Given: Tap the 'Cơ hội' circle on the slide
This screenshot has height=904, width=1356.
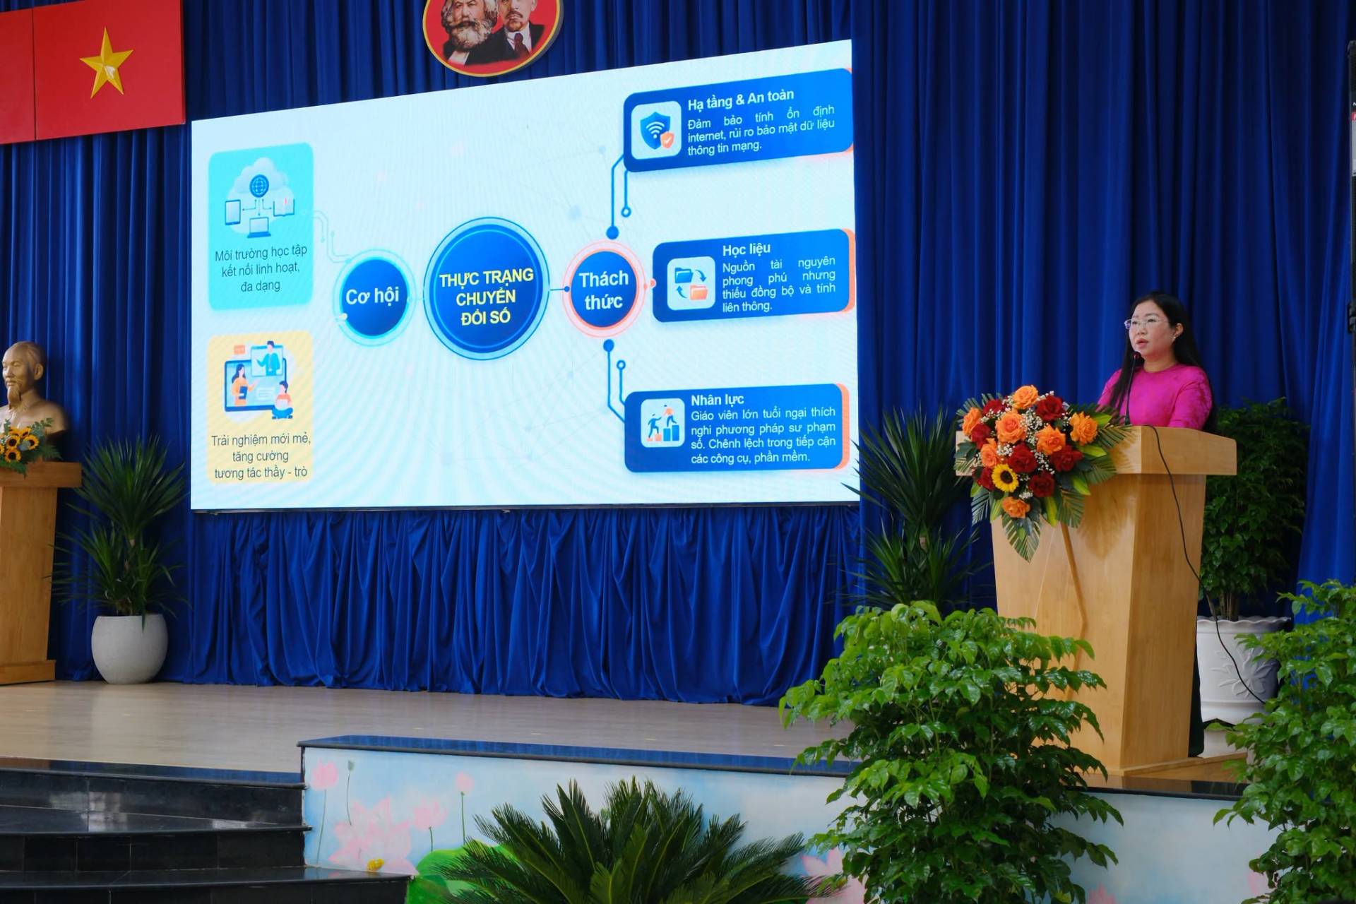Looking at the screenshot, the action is coord(372,297).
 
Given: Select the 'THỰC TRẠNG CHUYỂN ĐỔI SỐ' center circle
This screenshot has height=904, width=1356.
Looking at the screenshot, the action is coord(486,288).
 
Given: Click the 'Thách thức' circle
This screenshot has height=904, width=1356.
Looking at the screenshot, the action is coord(604,289).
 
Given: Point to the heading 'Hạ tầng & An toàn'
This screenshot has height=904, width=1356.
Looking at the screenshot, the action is coord(740,100).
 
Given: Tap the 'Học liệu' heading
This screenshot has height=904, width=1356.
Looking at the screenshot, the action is coord(746,249).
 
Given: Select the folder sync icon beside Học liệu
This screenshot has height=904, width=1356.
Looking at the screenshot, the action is coord(691,283).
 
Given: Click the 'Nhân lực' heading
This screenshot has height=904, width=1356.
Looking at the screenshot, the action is coord(717,400).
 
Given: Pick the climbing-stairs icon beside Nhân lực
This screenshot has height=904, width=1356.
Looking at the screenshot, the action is coord(662,423).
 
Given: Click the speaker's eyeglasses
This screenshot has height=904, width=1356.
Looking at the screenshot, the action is coord(1146,323).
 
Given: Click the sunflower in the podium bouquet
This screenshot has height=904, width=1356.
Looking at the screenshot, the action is coord(1004,478).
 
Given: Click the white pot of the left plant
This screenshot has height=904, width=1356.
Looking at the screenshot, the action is coord(129,648).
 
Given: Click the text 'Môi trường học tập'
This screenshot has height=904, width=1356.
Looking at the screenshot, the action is coord(261,252).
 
